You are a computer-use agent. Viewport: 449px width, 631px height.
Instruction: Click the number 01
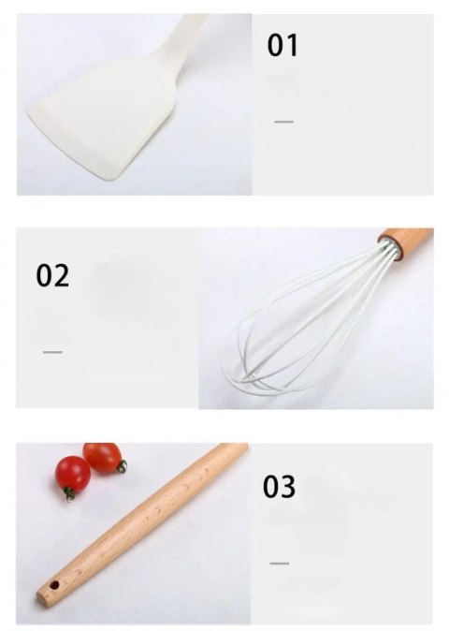pyautogui.click(x=282, y=45)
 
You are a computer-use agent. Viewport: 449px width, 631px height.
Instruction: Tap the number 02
pyautogui.click(x=52, y=275)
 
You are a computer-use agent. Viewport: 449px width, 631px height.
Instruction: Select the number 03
pyautogui.click(x=280, y=487)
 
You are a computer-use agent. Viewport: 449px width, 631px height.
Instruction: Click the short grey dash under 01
pyautogui.click(x=283, y=122)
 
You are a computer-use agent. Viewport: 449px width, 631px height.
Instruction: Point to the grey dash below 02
pyautogui.click(x=52, y=352)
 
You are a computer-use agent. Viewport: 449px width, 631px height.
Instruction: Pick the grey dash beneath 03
pyautogui.click(x=280, y=564)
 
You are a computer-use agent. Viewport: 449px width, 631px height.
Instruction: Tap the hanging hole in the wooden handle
pyautogui.click(x=53, y=584)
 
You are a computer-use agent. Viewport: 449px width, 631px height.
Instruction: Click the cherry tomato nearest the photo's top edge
pyautogui.click(x=103, y=457)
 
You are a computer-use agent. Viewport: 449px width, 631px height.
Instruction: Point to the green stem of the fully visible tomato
pyautogui.click(x=69, y=494)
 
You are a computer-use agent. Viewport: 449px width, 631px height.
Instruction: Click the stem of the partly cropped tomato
pyautogui.click(x=122, y=466)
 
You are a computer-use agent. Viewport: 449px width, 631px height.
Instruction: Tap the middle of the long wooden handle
pyautogui.click(x=143, y=523)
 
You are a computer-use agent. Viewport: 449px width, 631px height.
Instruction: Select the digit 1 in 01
pyautogui.click(x=292, y=45)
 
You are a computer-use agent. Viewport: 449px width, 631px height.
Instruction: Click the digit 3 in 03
pyautogui.click(x=289, y=487)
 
